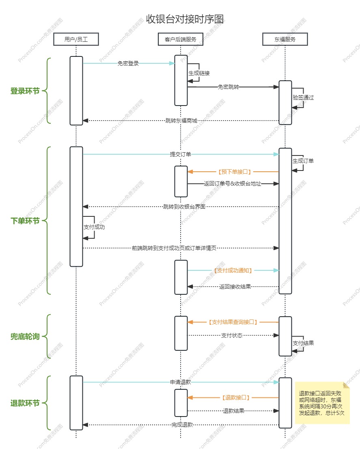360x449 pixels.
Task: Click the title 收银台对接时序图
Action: (x=185, y=19)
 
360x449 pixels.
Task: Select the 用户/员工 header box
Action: (x=76, y=39)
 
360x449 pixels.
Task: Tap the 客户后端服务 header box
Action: (x=181, y=39)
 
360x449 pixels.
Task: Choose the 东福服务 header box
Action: (x=285, y=39)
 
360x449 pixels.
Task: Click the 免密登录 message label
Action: (x=128, y=63)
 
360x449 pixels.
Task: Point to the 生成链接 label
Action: (x=199, y=73)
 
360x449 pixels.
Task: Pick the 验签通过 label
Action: (x=303, y=98)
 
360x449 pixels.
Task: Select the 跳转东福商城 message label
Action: (x=181, y=121)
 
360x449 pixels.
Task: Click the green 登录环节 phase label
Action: (x=25, y=91)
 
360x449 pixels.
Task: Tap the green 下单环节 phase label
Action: (x=25, y=221)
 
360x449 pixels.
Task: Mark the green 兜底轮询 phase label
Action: (x=25, y=337)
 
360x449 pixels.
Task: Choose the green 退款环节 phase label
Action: (x=25, y=403)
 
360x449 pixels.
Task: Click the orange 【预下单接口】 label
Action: (x=233, y=172)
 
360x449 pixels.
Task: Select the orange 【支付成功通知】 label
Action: (x=233, y=270)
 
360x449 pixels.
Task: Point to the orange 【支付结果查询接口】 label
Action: (x=233, y=322)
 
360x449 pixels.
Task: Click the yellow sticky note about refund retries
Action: (x=322, y=403)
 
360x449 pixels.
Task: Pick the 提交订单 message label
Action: (x=181, y=154)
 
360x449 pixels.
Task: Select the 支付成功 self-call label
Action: (x=94, y=227)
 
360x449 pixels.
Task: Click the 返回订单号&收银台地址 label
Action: (x=233, y=184)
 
